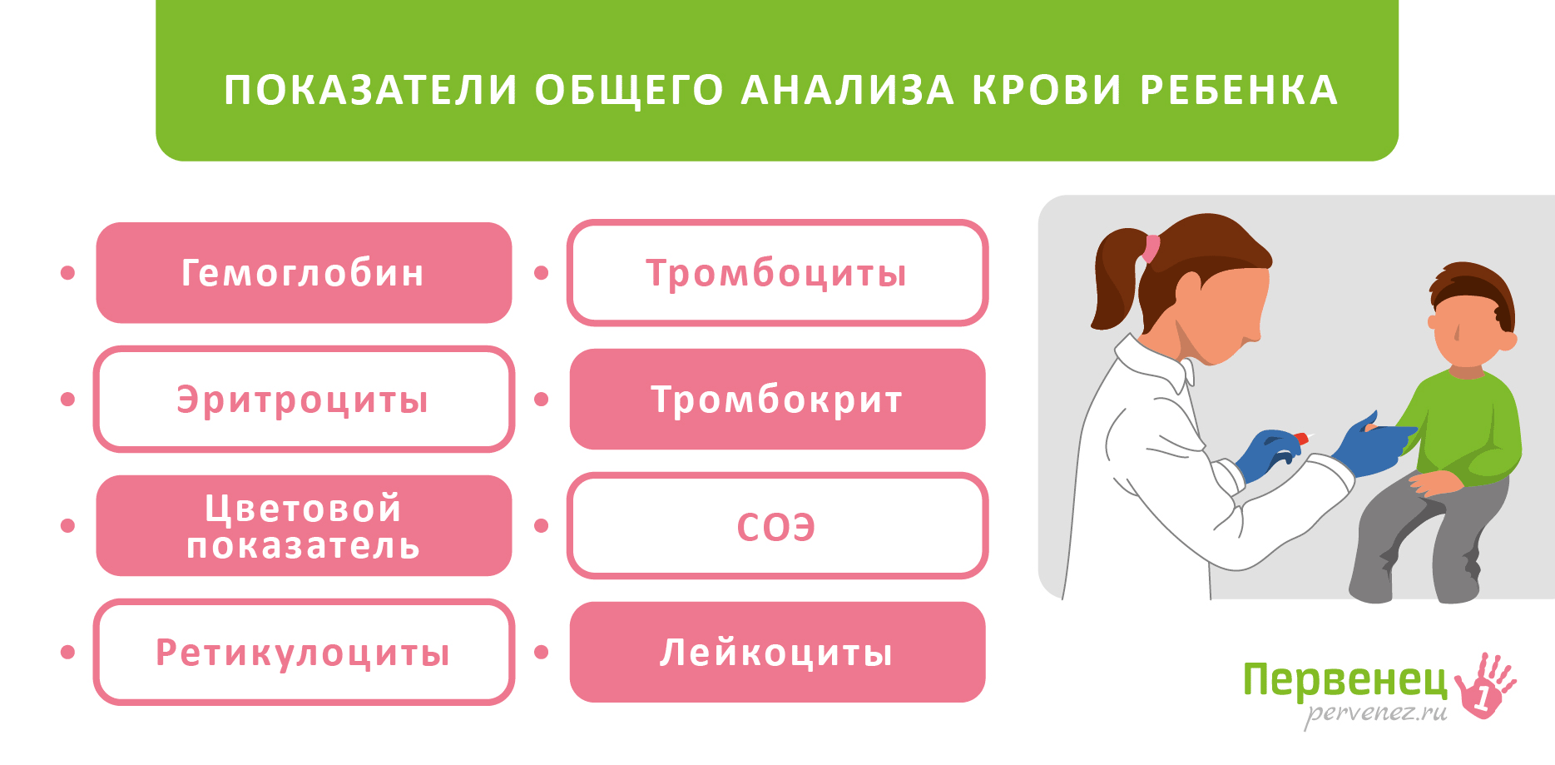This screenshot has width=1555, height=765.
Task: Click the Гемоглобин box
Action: tap(304, 273)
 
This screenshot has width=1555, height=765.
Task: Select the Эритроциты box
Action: tap(304, 400)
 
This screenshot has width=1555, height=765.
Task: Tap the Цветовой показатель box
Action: tap(304, 525)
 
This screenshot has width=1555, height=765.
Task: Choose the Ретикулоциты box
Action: tap(304, 652)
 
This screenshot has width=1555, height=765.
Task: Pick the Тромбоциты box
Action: tap(777, 273)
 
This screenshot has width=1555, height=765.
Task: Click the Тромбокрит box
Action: tap(777, 400)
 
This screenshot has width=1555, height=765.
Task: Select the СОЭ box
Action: tap(777, 525)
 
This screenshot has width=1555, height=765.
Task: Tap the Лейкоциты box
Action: tap(777, 652)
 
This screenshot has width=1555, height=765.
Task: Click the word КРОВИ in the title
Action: tap(1047, 90)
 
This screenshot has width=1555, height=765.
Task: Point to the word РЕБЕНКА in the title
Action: tap(1239, 90)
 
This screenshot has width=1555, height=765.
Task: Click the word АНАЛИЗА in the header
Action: tap(847, 90)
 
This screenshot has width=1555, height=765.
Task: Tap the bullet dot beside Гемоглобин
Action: tap(68, 273)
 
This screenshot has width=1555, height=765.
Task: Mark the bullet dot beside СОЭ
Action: tap(542, 525)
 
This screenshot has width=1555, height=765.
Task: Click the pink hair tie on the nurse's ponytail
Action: tap(1151, 248)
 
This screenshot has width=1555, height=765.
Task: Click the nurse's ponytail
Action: tap(1115, 279)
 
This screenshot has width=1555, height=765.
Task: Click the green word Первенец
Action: tap(1345, 681)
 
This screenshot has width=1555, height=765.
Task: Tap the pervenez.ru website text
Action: tap(1375, 713)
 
